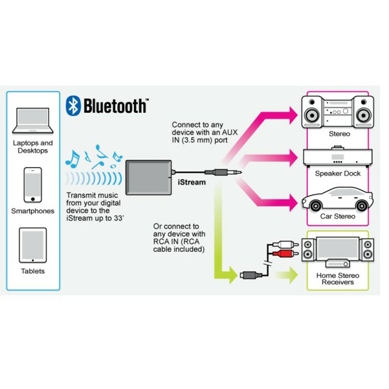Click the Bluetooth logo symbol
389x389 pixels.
click(x=73, y=106)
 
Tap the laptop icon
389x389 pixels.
click(x=33, y=121)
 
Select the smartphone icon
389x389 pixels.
click(x=33, y=185)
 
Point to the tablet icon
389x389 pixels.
click(x=33, y=245)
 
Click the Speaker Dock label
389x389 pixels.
click(x=338, y=173)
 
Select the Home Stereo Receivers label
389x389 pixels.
click(x=338, y=279)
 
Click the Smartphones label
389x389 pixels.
click(x=33, y=211)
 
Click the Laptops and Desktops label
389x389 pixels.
click(x=33, y=147)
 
